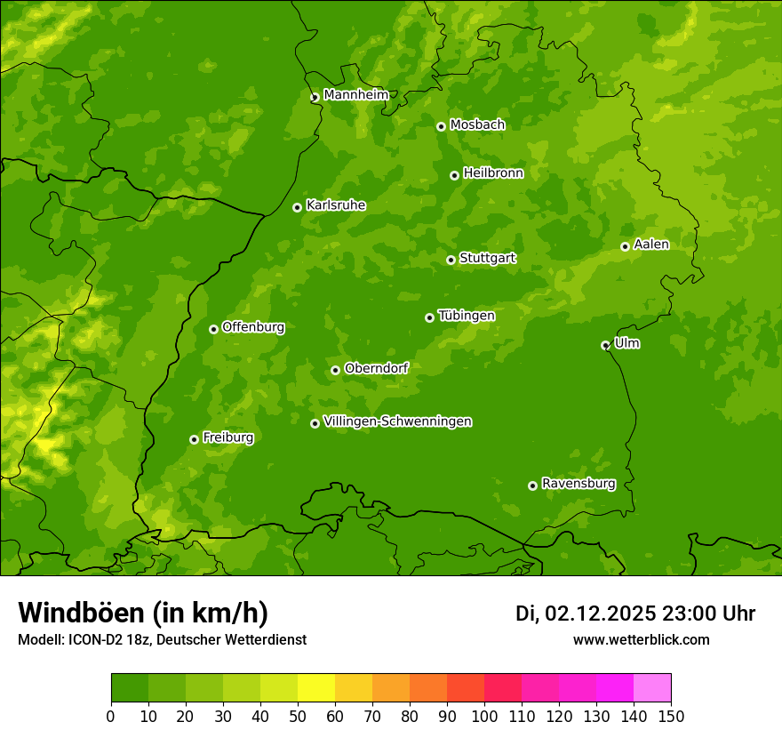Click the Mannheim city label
coord(355,94)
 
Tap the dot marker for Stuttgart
coord(451,260)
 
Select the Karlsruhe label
coord(335,205)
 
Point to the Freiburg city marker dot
coord(194,439)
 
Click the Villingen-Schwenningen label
coord(397,421)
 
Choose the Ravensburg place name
coord(578,484)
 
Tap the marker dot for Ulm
coord(605,345)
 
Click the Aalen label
coord(650,245)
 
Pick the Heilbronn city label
coord(493,173)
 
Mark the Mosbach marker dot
coord(441,126)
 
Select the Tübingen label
coord(466,316)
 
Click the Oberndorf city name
coord(376,368)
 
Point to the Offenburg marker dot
coord(213,329)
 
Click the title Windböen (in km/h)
coord(143,613)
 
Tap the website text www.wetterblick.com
coord(641,639)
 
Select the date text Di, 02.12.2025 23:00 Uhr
coord(634,614)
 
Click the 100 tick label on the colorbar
coord(484,716)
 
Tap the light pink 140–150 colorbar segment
coord(652,688)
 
